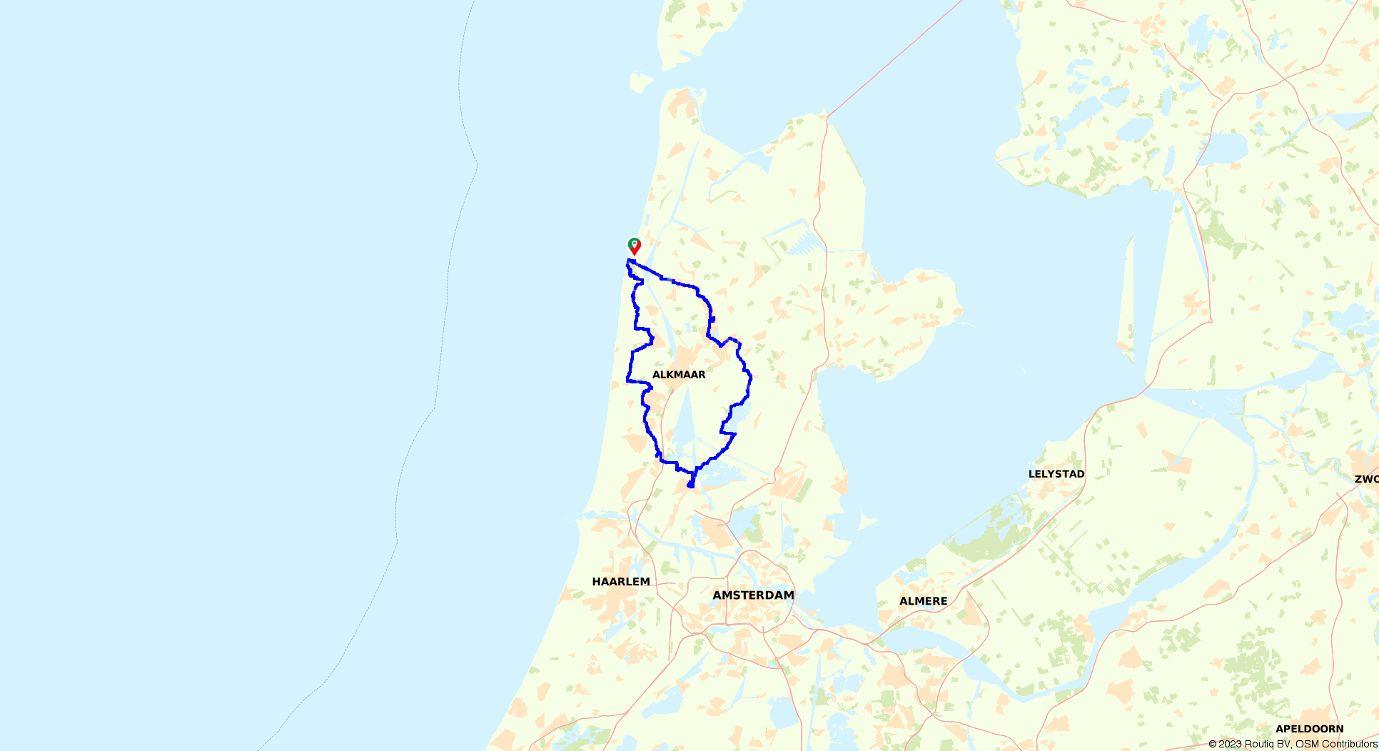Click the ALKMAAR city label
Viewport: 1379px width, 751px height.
pos(679,375)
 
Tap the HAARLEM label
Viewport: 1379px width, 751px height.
pos(621,582)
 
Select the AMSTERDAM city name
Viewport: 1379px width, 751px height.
pos(753,595)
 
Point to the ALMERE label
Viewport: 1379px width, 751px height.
pos(923,601)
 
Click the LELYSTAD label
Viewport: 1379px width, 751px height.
pos(1056,474)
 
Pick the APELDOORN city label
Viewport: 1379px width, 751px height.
pos(1309,729)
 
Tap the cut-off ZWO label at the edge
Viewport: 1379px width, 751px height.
pos(1366,479)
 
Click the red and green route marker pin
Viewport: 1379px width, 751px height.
pos(634,246)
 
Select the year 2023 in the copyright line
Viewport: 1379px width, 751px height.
pos(1231,744)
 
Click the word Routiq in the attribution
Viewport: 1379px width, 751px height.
pos(1261,744)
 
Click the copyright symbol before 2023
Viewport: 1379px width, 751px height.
pos(1213,744)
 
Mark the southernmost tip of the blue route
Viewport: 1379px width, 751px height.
pos(690,487)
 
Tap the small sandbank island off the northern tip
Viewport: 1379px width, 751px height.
pos(640,81)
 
